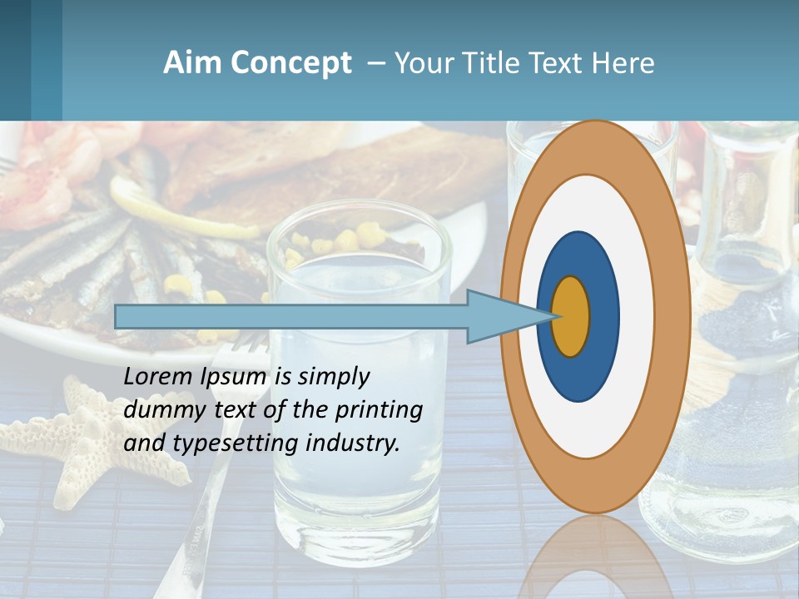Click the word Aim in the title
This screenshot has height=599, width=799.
tap(188, 63)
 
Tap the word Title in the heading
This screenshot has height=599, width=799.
tap(489, 63)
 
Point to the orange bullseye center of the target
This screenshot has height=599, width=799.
tap(571, 316)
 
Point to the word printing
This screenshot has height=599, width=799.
tap(380, 410)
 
